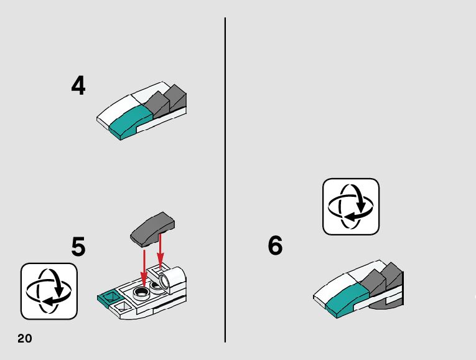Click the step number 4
click(78, 85)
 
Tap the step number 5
click(78, 247)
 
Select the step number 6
click(275, 245)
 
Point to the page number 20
click(25, 338)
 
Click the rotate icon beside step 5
click(49, 291)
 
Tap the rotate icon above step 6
click(351, 207)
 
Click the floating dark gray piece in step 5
click(152, 229)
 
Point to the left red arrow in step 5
click(144, 267)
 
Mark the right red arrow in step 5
click(161, 250)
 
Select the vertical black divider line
click(225, 180)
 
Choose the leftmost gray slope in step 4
click(156, 105)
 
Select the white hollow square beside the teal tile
click(123, 306)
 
